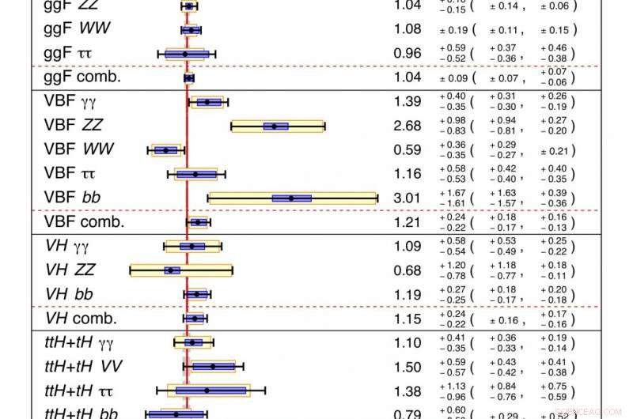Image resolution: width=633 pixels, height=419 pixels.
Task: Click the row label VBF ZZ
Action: (x=73, y=126)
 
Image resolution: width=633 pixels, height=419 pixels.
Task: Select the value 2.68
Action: (x=407, y=126)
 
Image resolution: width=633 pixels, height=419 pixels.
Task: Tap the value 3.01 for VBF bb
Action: (x=407, y=198)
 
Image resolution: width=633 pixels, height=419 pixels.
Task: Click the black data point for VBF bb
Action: (x=291, y=198)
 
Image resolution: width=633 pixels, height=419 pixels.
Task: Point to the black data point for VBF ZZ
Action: (x=275, y=126)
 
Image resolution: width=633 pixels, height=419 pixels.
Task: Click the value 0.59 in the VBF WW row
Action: (x=407, y=150)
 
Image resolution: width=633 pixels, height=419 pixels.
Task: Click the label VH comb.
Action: (x=81, y=319)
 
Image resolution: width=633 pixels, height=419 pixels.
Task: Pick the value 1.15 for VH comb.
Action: (x=407, y=319)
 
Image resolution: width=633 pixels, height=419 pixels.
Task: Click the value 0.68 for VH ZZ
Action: (x=407, y=270)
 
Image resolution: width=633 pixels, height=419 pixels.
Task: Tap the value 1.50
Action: (x=407, y=367)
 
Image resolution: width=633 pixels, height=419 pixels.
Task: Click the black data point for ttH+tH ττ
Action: (x=207, y=391)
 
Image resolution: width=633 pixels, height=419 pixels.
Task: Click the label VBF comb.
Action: (x=85, y=222)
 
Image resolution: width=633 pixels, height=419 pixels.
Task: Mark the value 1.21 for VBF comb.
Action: (x=407, y=222)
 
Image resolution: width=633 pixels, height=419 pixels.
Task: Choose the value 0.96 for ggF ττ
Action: (x=407, y=55)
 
